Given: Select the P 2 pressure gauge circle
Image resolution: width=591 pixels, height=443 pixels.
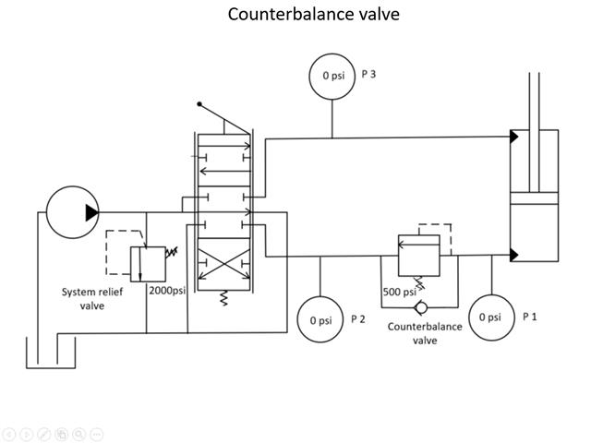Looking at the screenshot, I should click(x=320, y=320).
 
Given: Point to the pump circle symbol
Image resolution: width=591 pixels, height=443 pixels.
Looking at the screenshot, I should click(x=71, y=212).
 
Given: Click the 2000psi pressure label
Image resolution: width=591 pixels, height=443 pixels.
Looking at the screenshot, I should click(x=167, y=290).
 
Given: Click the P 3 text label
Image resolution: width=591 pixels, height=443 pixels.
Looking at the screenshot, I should click(x=368, y=73).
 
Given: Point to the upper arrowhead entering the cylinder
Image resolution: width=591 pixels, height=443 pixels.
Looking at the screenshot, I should click(x=512, y=138).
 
